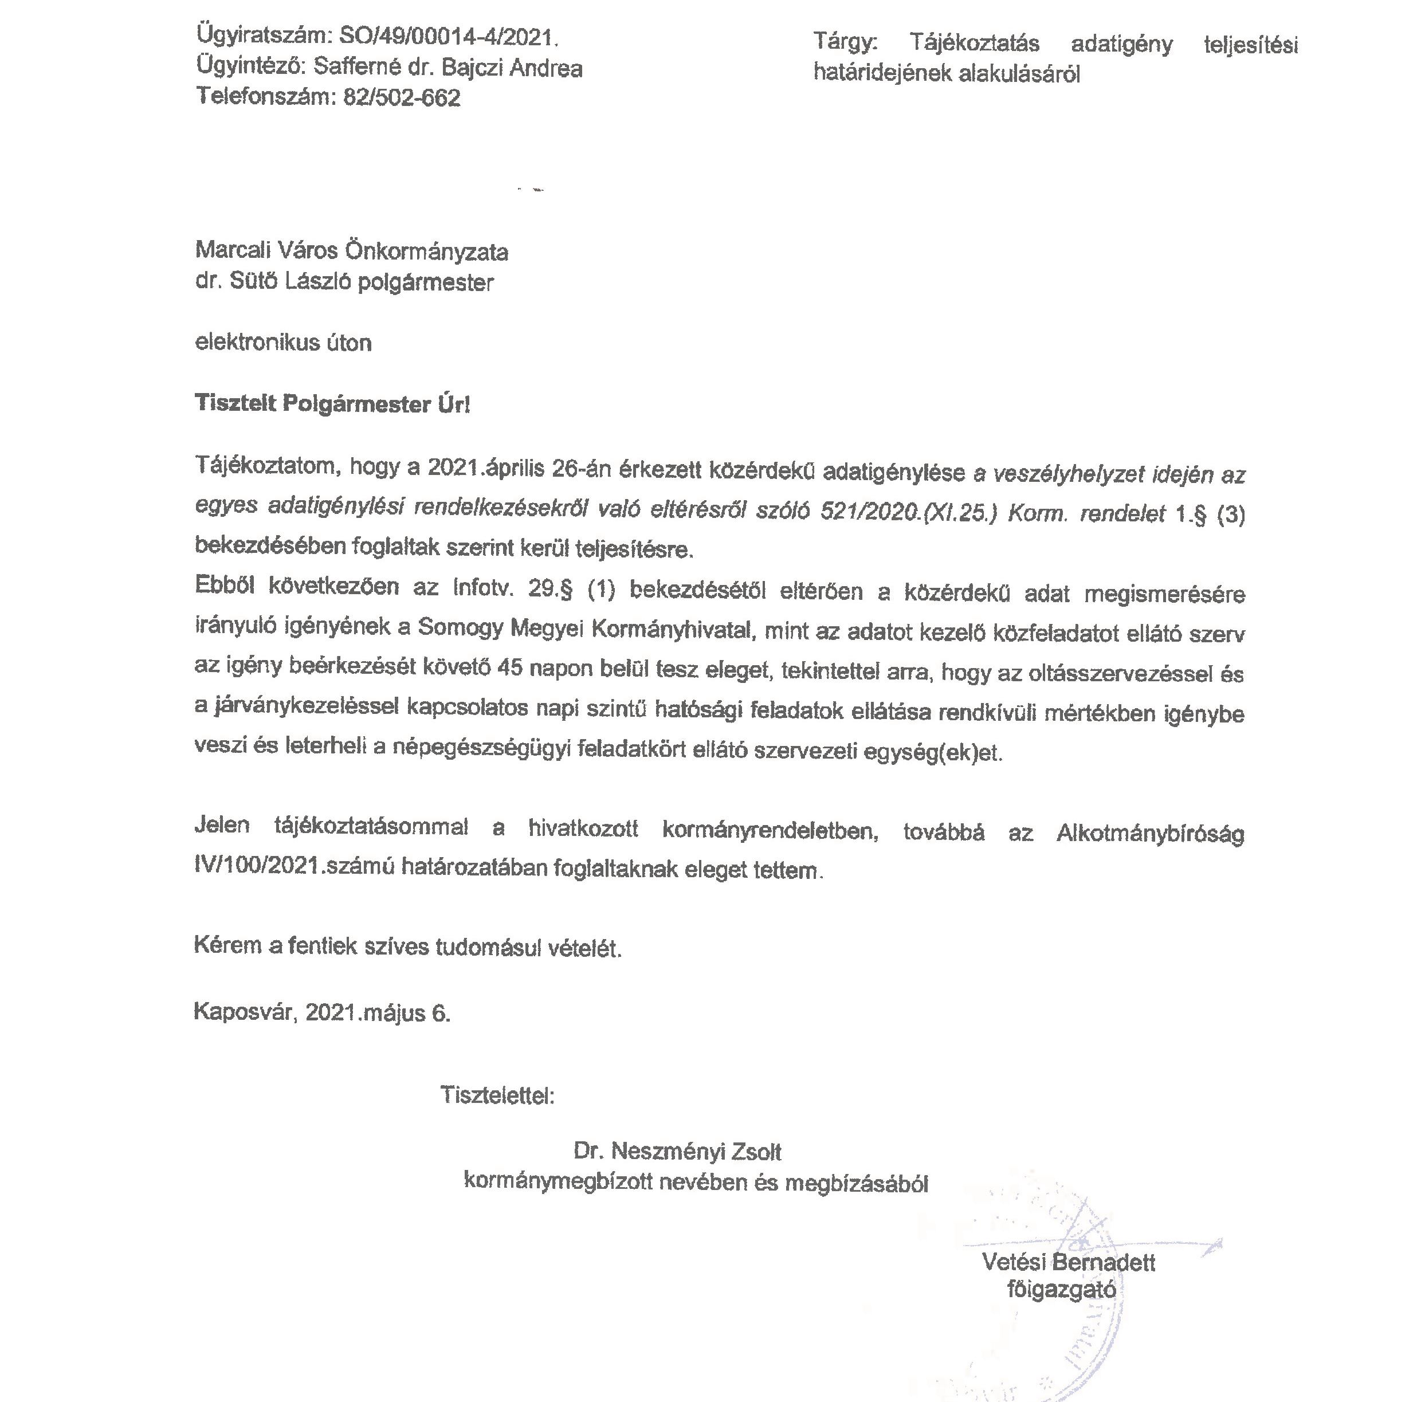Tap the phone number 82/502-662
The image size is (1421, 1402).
pyautogui.click(x=402, y=98)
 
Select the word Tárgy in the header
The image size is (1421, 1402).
pyautogui.click(x=846, y=42)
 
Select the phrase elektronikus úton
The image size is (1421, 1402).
pyautogui.click(x=283, y=343)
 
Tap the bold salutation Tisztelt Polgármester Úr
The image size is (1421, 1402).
pyautogui.click(x=332, y=404)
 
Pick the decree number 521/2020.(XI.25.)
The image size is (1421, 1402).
pyautogui.click(x=908, y=512)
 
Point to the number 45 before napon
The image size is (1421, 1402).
pyautogui.click(x=511, y=667)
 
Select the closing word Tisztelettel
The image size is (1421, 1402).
pyautogui.click(x=497, y=1095)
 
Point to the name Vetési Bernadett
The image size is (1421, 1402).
pyautogui.click(x=1069, y=1262)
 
